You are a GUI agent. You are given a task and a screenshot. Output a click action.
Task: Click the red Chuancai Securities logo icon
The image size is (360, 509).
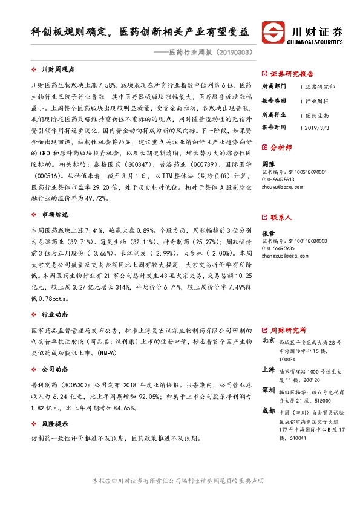274,32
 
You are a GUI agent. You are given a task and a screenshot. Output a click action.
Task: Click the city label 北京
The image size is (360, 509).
268,341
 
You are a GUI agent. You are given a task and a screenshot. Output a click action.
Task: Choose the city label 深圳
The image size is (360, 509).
268,391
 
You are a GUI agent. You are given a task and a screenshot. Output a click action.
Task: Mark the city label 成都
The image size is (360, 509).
268,410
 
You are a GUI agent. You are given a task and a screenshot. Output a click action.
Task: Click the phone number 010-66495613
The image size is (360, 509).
278,180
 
